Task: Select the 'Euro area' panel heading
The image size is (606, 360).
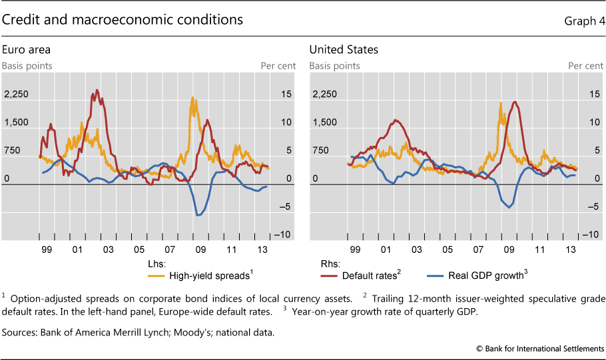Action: [x=26, y=49]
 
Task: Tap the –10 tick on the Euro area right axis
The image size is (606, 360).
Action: [x=281, y=235]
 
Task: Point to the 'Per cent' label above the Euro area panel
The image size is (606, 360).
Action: [x=276, y=66]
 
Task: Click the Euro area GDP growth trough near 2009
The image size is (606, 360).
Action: [x=198, y=215]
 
